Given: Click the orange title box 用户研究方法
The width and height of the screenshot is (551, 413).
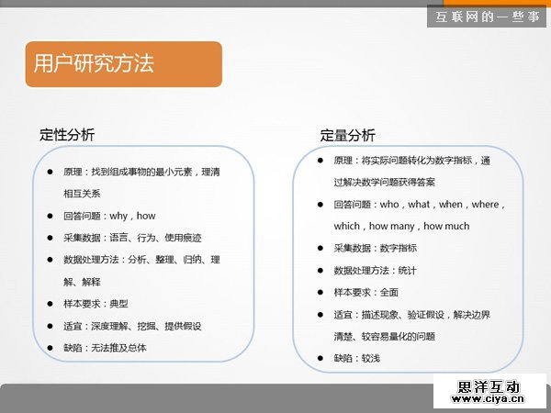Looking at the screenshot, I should (123, 63).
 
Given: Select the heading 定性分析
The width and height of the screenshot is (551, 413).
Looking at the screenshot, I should (67, 134).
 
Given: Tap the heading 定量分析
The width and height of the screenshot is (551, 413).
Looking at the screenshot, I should (347, 135).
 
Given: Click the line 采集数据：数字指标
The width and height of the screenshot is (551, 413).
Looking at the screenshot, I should (375, 248).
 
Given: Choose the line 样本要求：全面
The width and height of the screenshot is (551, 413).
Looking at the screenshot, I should (365, 292).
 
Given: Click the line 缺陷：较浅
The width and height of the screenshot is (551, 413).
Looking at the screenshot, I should (356, 358).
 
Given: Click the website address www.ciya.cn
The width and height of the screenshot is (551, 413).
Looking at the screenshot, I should (487, 399).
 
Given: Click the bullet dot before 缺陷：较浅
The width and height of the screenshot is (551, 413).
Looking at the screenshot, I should (320, 358).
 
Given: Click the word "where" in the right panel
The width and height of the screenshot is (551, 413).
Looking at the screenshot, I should (483, 204).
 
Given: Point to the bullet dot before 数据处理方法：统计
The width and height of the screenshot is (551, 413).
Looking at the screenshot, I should (320, 270).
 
